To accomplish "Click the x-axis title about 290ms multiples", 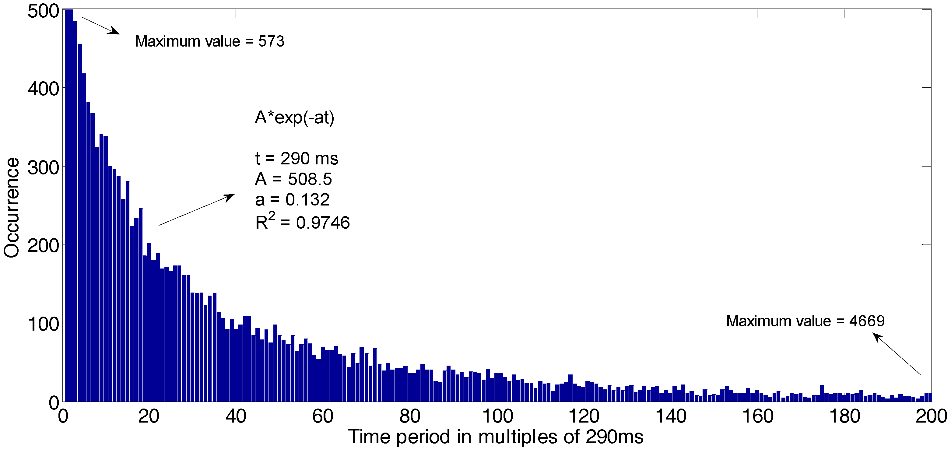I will pyautogui.click(x=495, y=437).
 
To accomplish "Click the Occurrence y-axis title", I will pyautogui.click(x=12, y=208).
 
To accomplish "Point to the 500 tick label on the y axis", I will pyautogui.click(x=43, y=11).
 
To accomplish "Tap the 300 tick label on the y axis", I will pyautogui.click(x=43, y=168).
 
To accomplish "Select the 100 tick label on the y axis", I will pyautogui.click(x=43, y=325).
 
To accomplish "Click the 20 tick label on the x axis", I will pyautogui.click(x=149, y=416).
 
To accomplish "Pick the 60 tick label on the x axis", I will pyautogui.click(x=323, y=416).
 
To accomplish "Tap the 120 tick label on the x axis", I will pyautogui.click(x=584, y=416).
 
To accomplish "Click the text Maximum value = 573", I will pyautogui.click(x=210, y=41).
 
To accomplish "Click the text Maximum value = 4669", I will pyautogui.click(x=805, y=321).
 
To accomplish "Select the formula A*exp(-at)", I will pyautogui.click(x=295, y=118).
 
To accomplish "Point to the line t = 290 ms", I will pyautogui.click(x=297, y=159).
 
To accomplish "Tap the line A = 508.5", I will pyautogui.click(x=293, y=179).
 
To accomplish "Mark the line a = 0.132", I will pyautogui.click(x=292, y=200).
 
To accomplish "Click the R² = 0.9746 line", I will pyautogui.click(x=302, y=222).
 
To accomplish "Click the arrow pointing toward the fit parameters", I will pyautogui.click(x=196, y=210).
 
